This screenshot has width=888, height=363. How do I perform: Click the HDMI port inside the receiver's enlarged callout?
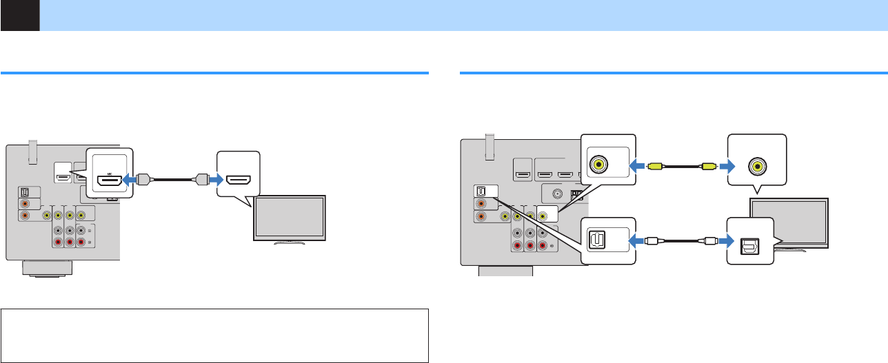coord(109,181)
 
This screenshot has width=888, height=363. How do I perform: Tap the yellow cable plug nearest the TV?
coord(707,166)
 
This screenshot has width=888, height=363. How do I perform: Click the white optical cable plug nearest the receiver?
coord(654,241)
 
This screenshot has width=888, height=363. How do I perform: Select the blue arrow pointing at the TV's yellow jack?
coord(725,166)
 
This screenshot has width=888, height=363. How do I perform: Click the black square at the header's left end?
coord(19,15)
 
